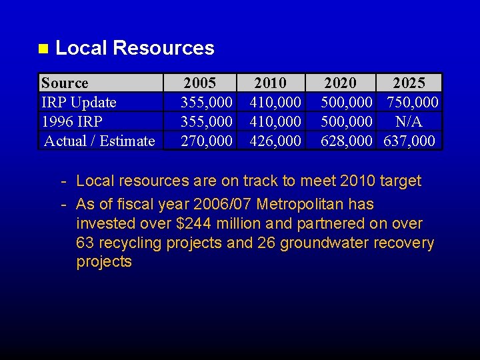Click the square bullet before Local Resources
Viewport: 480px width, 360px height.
(x=43, y=49)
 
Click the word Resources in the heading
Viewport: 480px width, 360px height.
(x=163, y=48)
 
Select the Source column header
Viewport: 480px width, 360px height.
(x=65, y=83)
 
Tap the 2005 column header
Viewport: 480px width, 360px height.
(x=200, y=83)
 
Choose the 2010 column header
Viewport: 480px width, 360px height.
(x=270, y=83)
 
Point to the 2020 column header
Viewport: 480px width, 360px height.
(x=340, y=83)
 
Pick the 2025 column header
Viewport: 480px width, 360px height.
(x=409, y=83)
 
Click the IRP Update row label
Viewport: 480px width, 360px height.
(x=79, y=103)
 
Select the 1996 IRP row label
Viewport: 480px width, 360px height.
(x=72, y=122)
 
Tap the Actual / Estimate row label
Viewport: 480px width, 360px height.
(x=99, y=141)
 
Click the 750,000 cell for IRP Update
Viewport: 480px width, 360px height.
(x=413, y=103)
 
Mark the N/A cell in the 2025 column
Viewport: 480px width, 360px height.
(x=409, y=122)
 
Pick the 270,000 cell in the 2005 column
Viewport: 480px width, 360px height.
(x=207, y=141)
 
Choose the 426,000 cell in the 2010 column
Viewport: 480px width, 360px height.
(x=275, y=141)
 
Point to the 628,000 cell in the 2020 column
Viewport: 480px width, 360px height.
(x=346, y=141)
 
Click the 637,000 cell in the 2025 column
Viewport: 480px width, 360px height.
(x=409, y=141)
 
